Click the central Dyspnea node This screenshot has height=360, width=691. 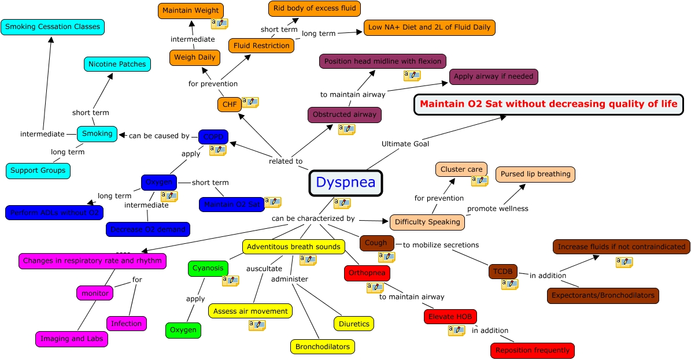click(346, 183)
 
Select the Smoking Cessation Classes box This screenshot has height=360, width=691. click(53, 27)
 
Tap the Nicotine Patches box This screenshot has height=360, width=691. click(117, 64)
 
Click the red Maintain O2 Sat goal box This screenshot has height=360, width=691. click(548, 105)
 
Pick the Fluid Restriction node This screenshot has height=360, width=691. click(261, 46)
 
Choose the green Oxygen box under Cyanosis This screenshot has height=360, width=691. click(183, 331)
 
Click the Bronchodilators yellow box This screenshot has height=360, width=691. click(322, 347)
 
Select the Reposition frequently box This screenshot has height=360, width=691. click(533, 350)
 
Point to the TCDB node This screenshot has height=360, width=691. click(502, 272)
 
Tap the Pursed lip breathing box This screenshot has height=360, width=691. click(535, 174)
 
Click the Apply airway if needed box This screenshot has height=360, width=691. click(494, 76)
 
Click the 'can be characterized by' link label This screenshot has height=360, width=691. click(313, 219)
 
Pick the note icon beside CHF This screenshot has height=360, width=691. click(250, 102)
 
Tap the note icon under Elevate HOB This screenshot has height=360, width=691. click(456, 330)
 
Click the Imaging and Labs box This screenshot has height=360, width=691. click(72, 339)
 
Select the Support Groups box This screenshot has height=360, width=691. click(38, 170)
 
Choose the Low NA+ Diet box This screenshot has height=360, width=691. click(429, 27)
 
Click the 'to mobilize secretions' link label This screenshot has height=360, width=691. click(441, 245)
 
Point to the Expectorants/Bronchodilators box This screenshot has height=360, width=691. click(603, 295)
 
